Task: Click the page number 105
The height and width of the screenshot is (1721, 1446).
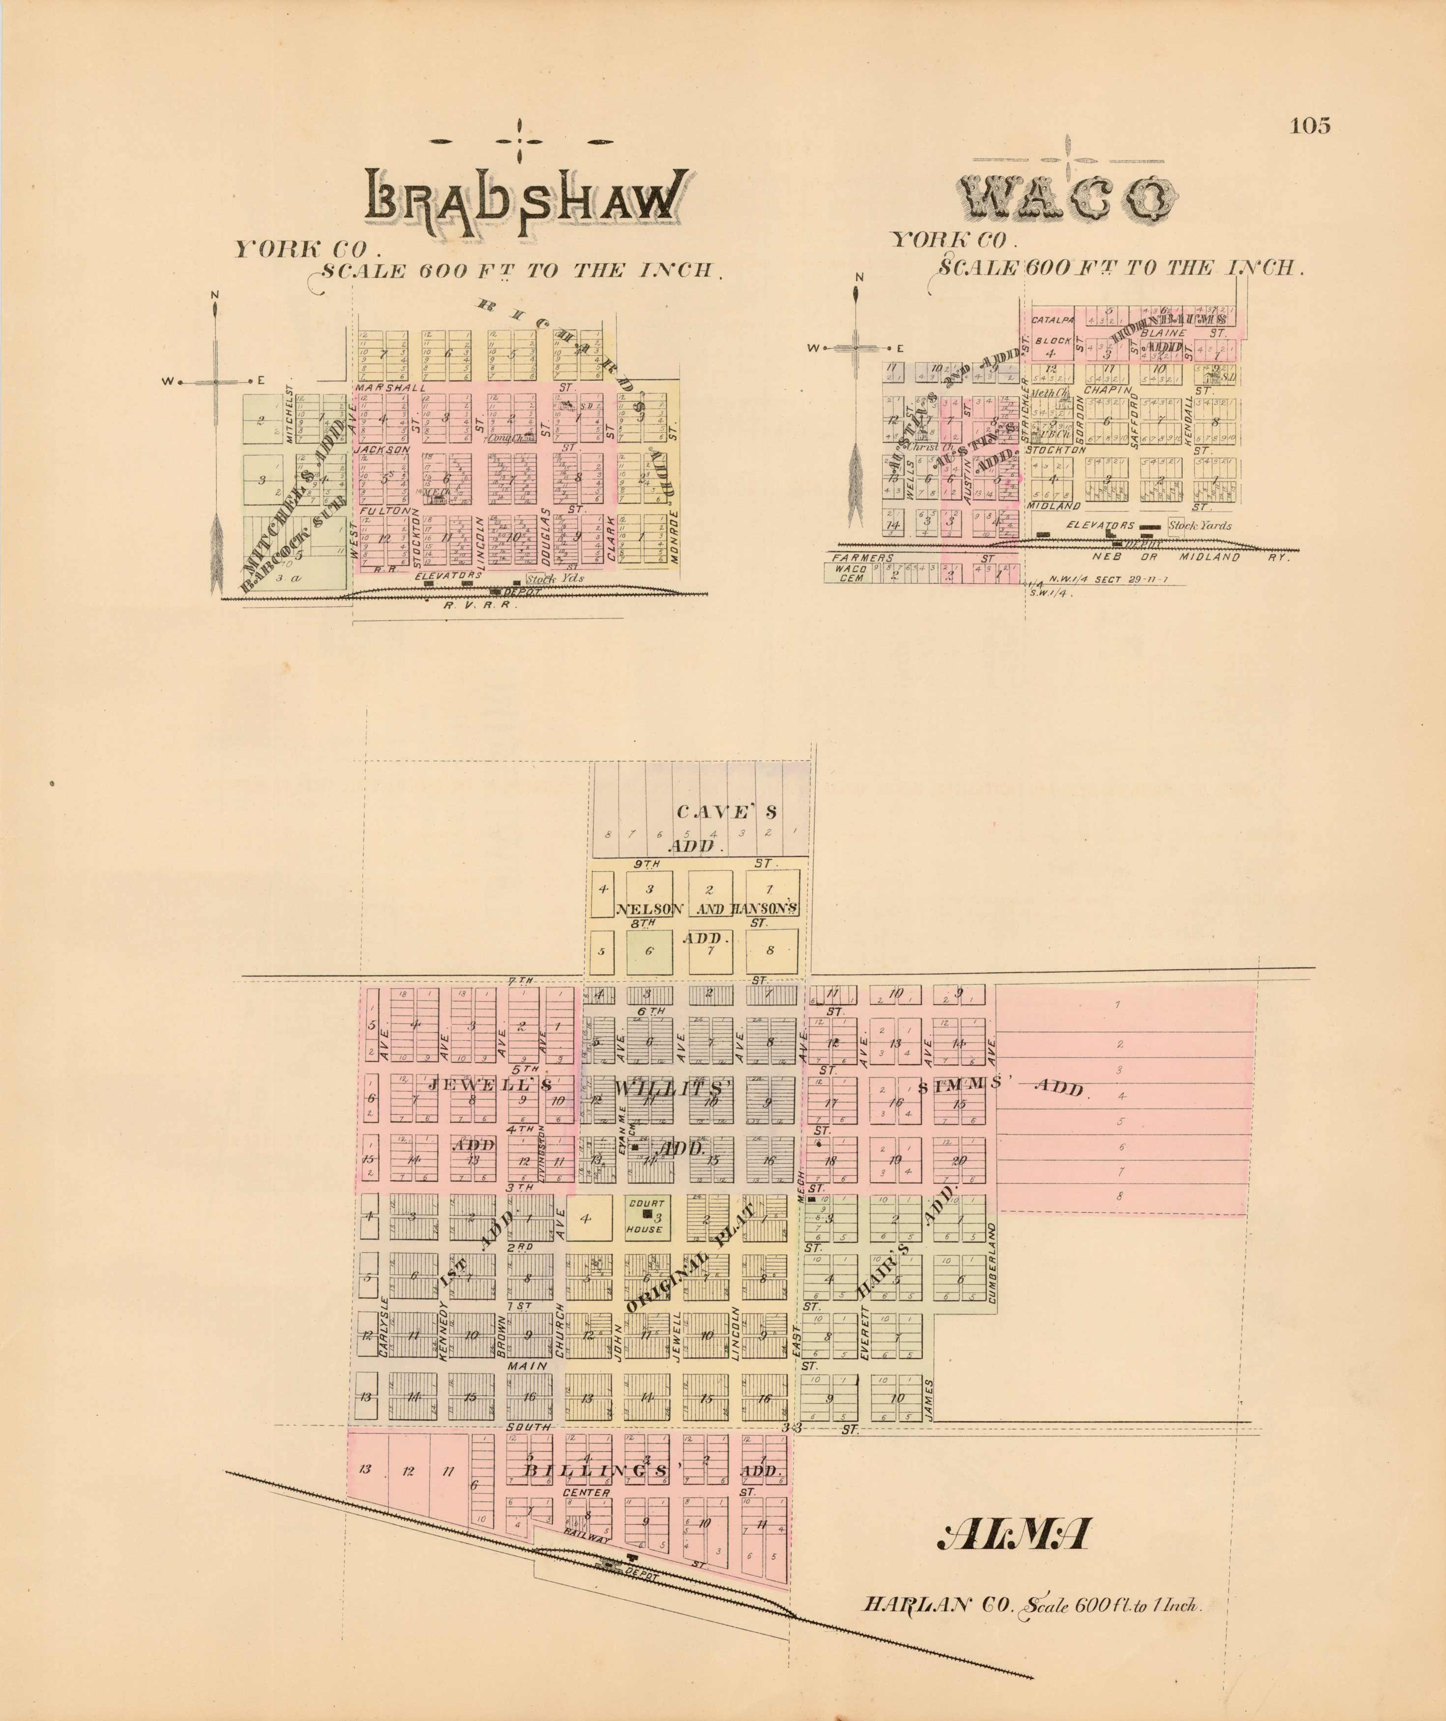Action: point(1310,125)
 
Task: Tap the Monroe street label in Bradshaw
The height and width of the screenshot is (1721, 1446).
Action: point(674,536)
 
